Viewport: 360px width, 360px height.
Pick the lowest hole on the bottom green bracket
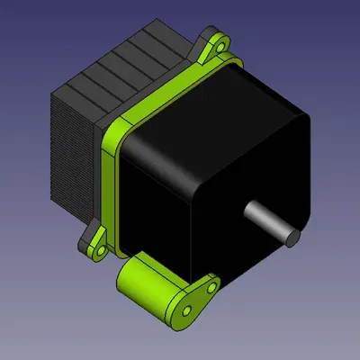[x=186, y=310]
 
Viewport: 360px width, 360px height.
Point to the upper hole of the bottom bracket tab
[x=212, y=287]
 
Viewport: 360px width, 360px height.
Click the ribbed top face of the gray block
[x=117, y=67]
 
